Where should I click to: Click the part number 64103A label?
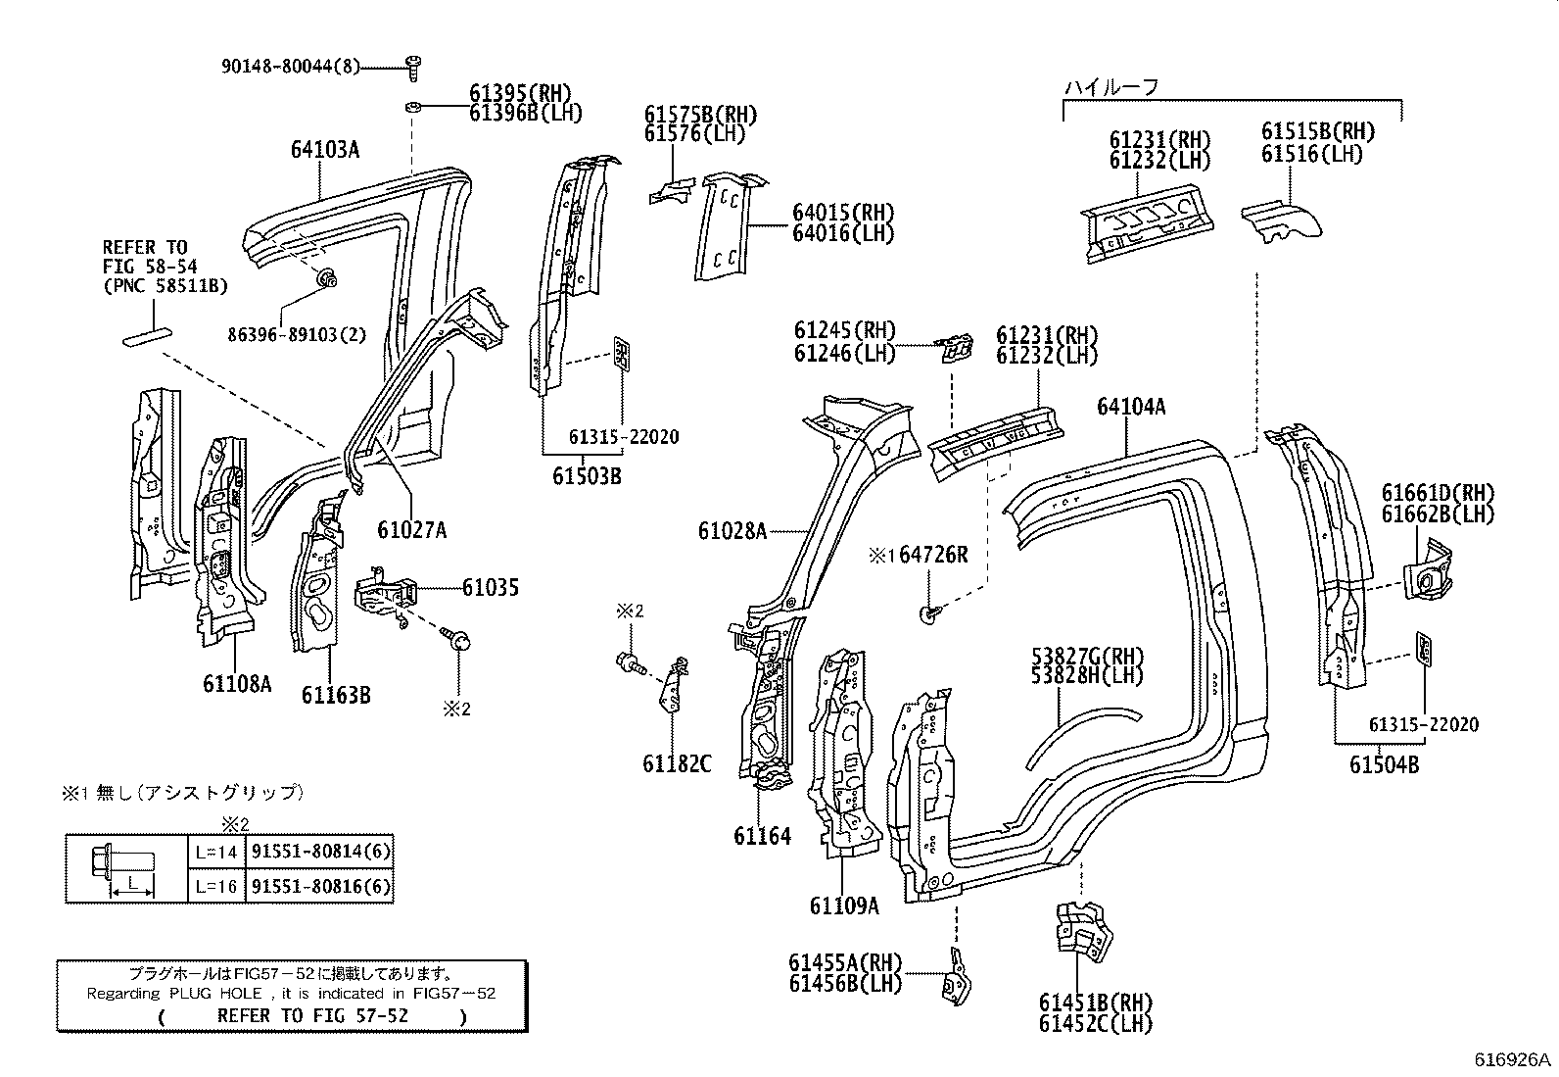324,150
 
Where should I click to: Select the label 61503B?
586,476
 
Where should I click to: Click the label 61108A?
237,684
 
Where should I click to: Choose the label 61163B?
335,695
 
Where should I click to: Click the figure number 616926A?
1513,1059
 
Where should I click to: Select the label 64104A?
1131,407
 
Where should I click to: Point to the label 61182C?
677,763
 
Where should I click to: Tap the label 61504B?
1384,765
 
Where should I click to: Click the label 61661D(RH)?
1438,493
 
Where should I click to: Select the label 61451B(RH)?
1096,1003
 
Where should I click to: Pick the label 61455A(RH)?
845,963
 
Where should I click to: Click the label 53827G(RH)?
1087,656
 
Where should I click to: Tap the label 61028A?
732,530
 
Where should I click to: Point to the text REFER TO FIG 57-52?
312,1015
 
